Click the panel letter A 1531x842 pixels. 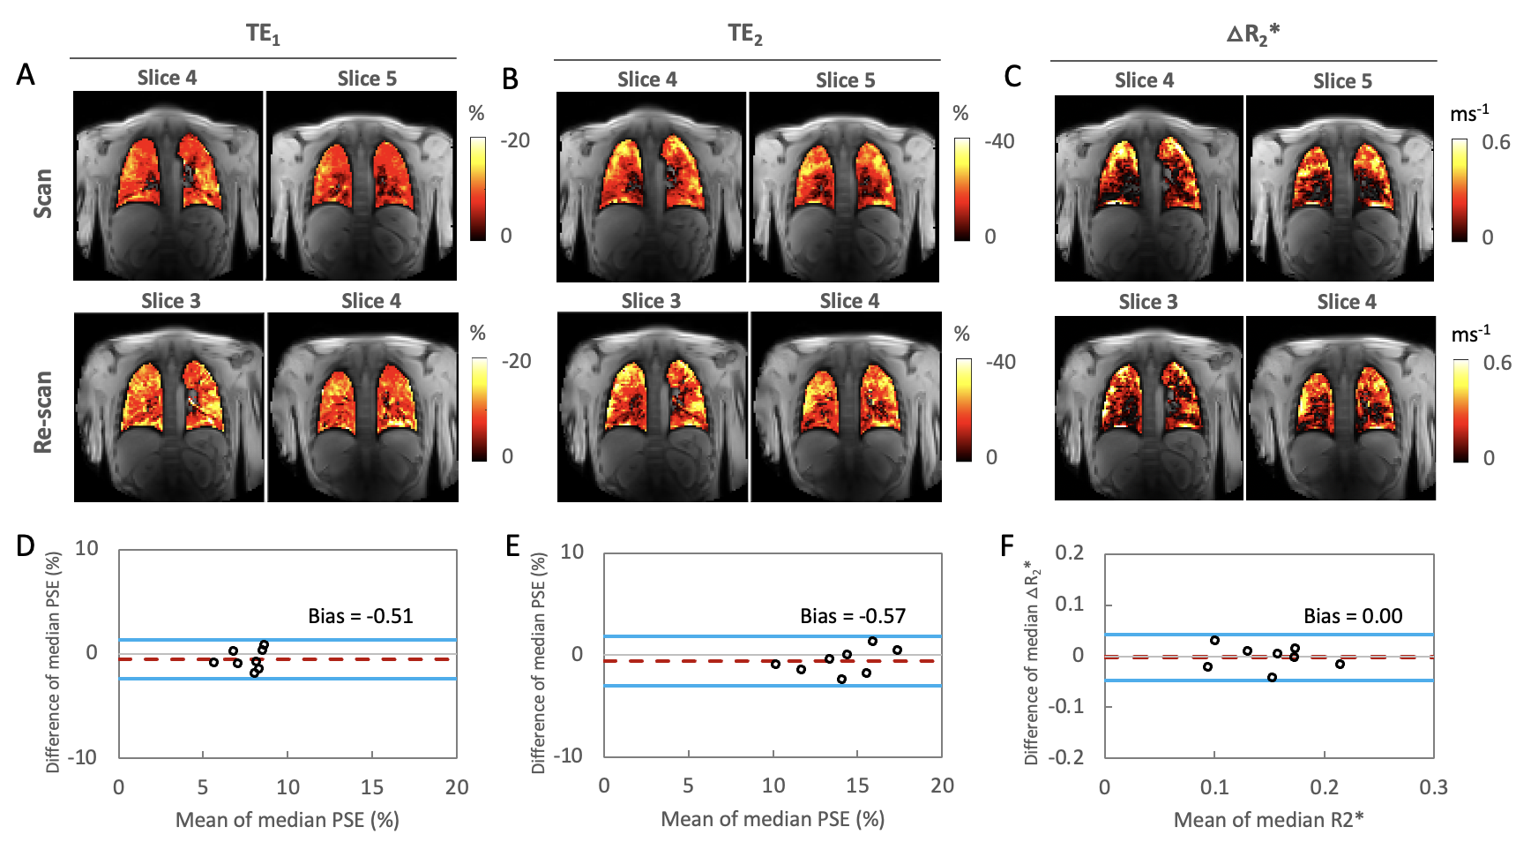(26, 74)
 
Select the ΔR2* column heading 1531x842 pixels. (1252, 34)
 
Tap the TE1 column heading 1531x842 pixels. (263, 34)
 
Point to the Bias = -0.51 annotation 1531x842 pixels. (360, 616)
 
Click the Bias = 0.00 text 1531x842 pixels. (1352, 616)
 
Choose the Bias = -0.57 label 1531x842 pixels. (852, 616)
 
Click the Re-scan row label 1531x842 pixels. (42, 412)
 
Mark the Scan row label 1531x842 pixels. (42, 193)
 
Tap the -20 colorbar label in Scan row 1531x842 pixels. (515, 140)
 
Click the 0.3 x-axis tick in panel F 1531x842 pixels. (1433, 787)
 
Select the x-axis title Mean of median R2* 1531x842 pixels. (1268, 820)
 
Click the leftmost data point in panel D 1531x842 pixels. (213, 662)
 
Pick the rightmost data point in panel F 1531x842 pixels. (1340, 664)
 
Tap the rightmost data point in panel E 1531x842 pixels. (897, 650)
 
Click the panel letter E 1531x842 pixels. (512, 546)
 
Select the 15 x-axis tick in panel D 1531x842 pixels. (372, 787)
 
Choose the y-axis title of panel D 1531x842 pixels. (54, 662)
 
